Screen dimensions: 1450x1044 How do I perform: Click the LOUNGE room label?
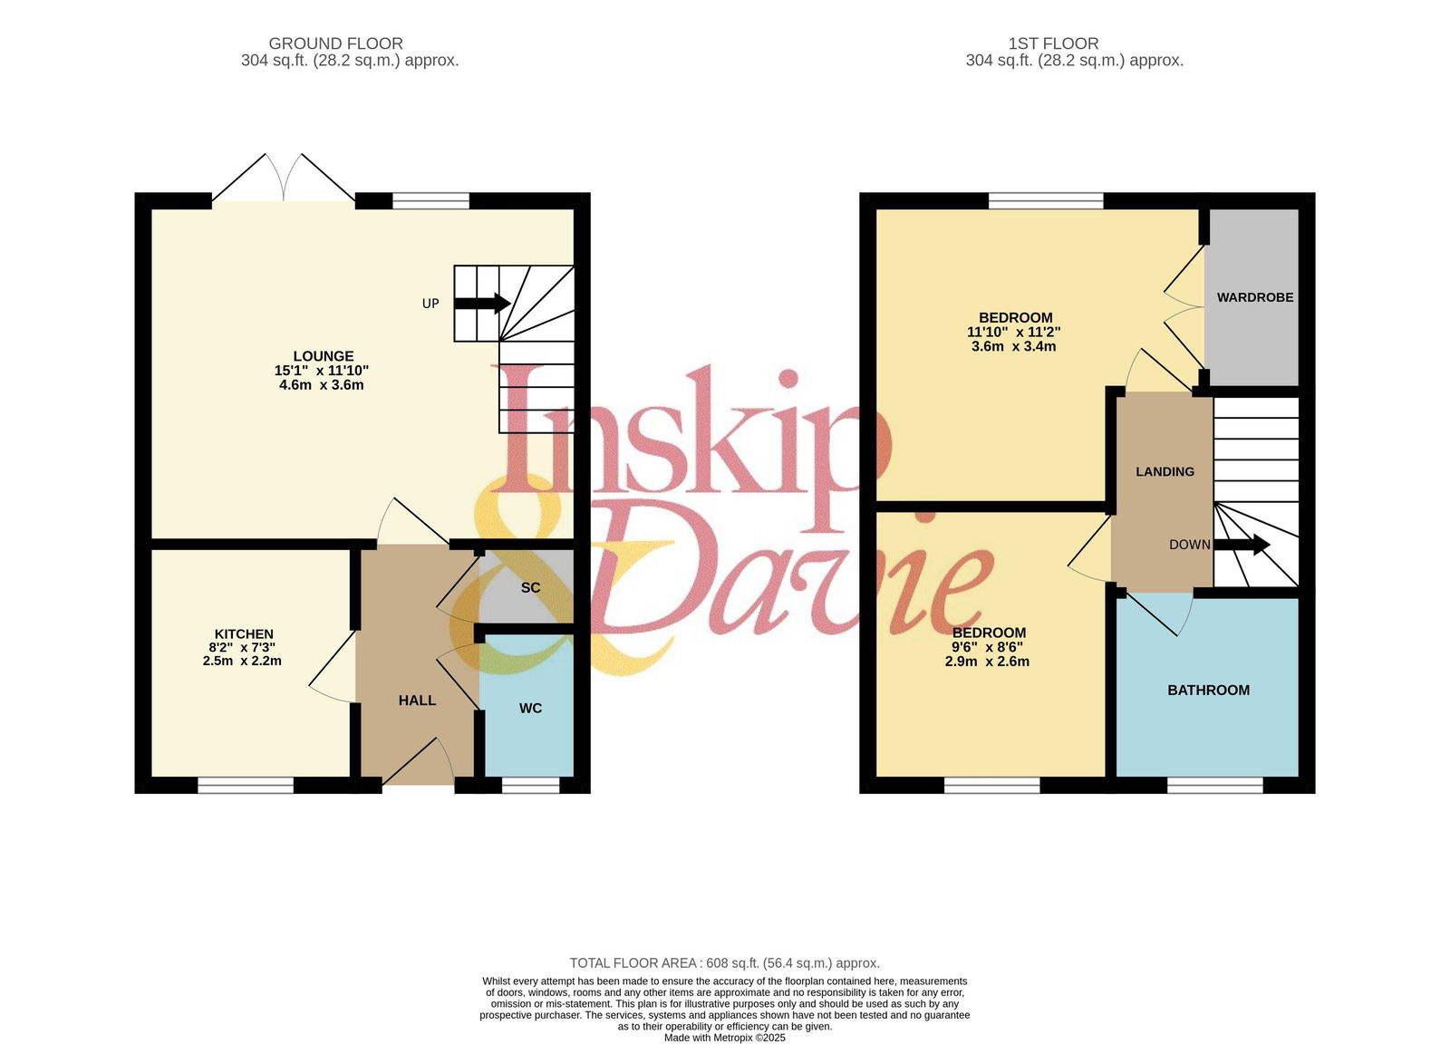pos(324,356)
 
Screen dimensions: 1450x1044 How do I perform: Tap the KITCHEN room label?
pos(244,634)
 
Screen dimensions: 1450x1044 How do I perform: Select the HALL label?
pos(418,701)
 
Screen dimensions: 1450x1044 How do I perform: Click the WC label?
pos(530,708)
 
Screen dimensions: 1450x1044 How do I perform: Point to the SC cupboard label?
pos(530,587)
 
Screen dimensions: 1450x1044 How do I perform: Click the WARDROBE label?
pos(1255,298)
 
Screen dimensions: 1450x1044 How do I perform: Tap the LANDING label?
pos(1165,472)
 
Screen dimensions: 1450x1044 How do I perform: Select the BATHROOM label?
pos(1209,691)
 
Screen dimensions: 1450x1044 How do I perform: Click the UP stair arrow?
pos(482,303)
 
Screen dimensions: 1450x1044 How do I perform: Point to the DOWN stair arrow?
pos(1242,545)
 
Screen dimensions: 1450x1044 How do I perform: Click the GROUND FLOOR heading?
pos(336,43)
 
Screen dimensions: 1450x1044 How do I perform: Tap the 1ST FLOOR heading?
pos(1053,43)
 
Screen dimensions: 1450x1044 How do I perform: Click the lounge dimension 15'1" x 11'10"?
pos(322,371)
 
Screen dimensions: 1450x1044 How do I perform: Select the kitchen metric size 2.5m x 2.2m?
pos(242,662)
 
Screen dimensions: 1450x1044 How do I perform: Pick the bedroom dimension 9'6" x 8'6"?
pos(987,647)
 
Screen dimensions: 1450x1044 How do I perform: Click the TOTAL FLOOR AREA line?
pos(725,963)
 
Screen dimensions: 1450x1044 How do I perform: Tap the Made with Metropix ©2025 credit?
pos(725,1038)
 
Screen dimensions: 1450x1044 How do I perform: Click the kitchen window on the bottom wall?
pos(246,785)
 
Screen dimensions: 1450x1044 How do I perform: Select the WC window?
pos(531,785)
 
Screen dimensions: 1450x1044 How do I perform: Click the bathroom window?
pos(1215,785)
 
